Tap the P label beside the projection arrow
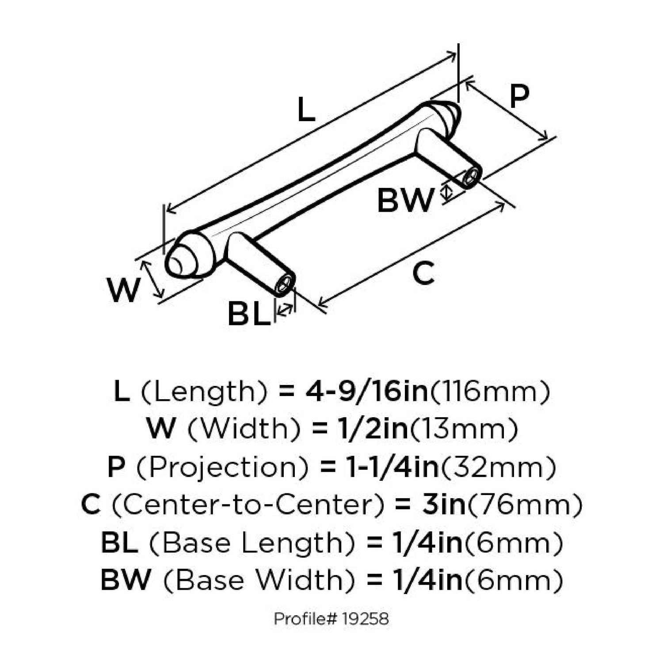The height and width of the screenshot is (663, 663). point(519,96)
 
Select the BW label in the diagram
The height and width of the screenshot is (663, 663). point(406,200)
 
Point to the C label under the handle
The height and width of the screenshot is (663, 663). point(423,273)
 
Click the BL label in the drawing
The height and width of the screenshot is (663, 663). point(249,313)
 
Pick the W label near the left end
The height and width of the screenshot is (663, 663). point(123,290)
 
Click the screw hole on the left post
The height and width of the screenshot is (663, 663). point(285,284)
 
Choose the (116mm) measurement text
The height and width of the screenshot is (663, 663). point(490,392)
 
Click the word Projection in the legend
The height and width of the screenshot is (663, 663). point(222,468)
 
